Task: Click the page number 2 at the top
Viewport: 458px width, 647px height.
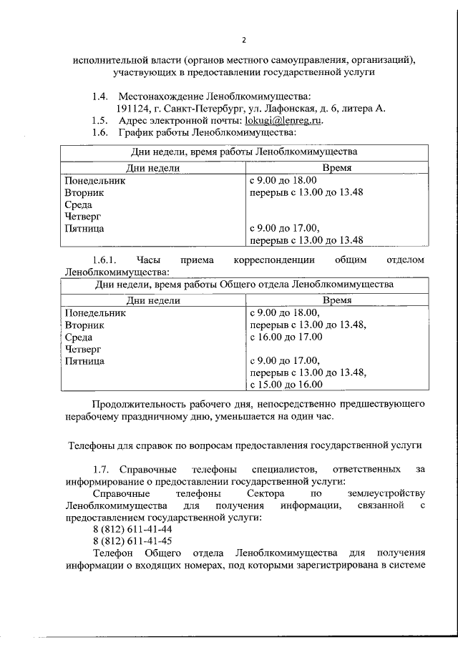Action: (x=244, y=39)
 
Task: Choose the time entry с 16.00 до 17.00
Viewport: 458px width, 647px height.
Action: (x=286, y=337)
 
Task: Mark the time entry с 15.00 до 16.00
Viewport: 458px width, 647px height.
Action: (x=286, y=385)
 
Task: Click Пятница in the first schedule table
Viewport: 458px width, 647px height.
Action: (x=84, y=228)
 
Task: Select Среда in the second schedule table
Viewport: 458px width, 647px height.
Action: (x=79, y=337)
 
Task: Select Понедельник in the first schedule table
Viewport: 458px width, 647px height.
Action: (x=95, y=180)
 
